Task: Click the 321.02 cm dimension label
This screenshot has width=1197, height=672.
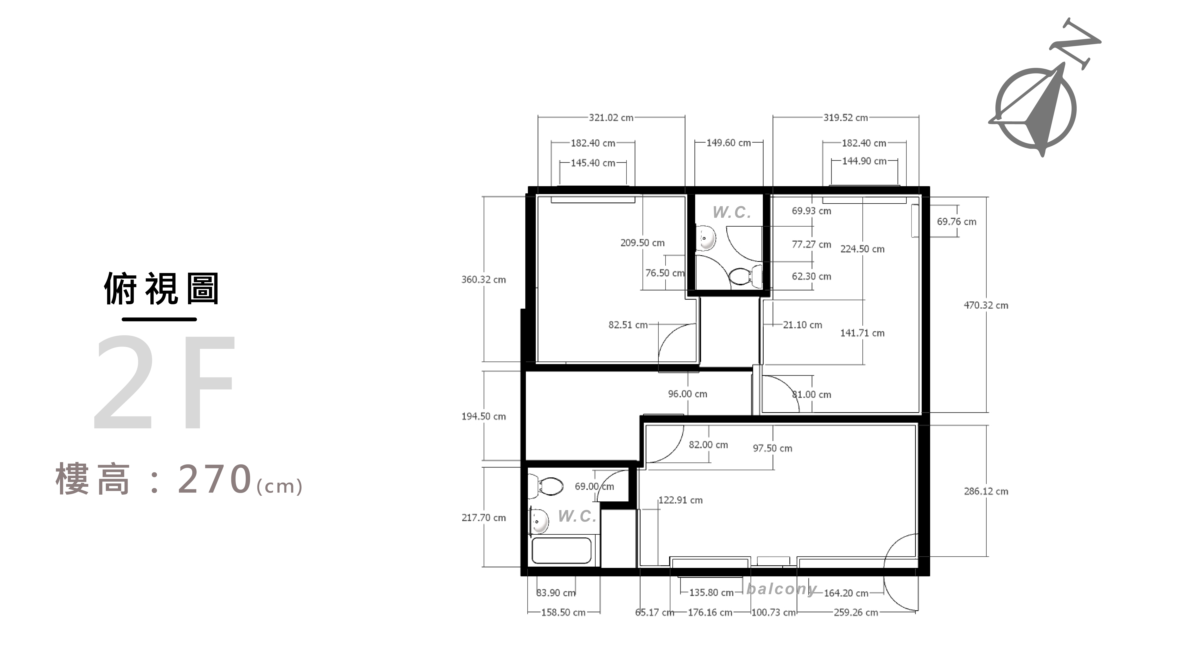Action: tap(611, 118)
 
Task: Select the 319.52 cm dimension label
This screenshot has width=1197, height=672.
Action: tap(846, 118)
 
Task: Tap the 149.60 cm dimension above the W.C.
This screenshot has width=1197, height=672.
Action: tap(729, 143)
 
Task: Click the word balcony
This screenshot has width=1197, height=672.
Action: tap(782, 589)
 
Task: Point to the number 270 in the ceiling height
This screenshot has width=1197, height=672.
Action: tap(215, 479)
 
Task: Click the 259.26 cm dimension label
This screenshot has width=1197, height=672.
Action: tap(856, 613)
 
